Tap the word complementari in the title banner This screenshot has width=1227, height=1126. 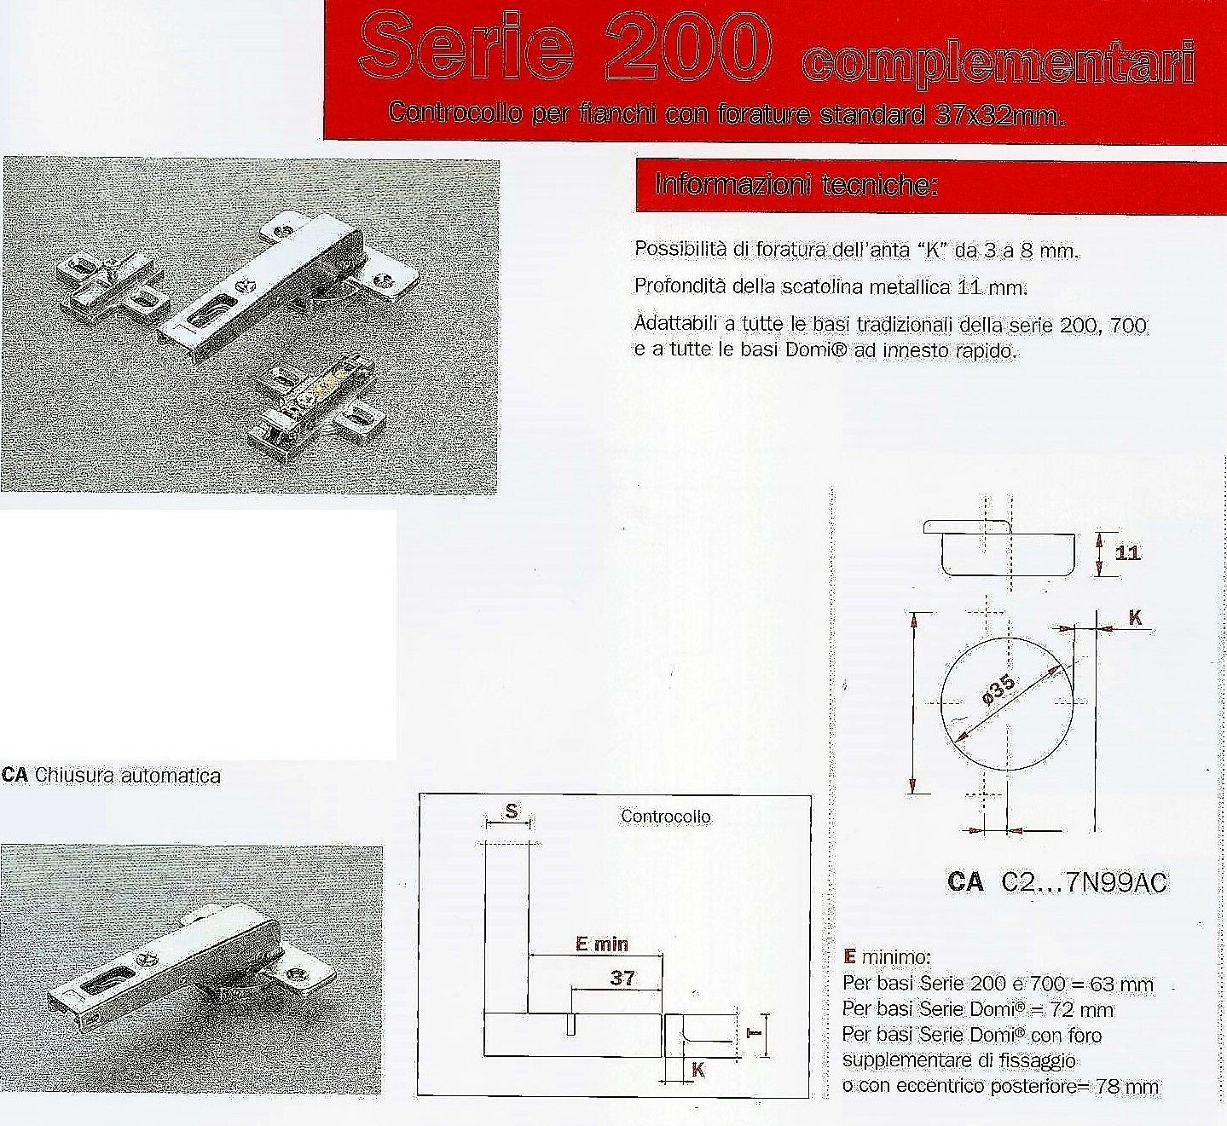coord(997,66)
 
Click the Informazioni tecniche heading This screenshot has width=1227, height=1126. coord(796,185)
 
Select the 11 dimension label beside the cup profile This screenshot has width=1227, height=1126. coord(1127,553)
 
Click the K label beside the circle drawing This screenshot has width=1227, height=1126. coord(1135,618)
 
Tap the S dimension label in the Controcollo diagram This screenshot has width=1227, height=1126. coord(511,812)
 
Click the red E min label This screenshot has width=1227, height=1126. coord(602,944)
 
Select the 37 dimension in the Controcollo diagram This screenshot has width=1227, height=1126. coord(622,978)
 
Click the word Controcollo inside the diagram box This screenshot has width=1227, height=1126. coord(665,816)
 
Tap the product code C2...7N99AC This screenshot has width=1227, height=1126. coord(1083,882)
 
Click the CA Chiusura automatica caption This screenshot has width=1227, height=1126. coord(112,776)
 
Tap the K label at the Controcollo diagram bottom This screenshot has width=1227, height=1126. coord(698,1070)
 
